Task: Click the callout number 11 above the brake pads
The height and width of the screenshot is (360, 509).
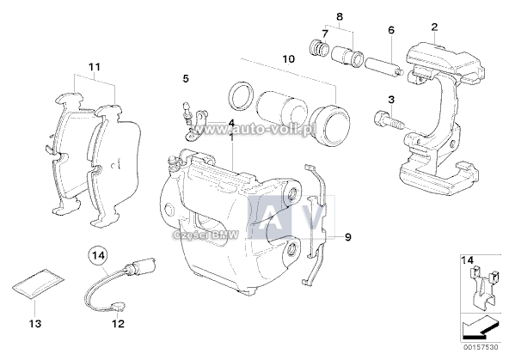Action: coord(95,66)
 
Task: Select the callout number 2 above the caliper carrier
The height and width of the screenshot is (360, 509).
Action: coord(435,26)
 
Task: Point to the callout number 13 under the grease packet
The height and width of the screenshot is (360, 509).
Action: coord(34,324)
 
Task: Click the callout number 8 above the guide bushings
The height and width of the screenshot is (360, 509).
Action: coord(339,16)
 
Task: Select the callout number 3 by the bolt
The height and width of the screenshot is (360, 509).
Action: coord(391,101)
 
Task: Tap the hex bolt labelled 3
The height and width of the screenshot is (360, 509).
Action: coord(388,123)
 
